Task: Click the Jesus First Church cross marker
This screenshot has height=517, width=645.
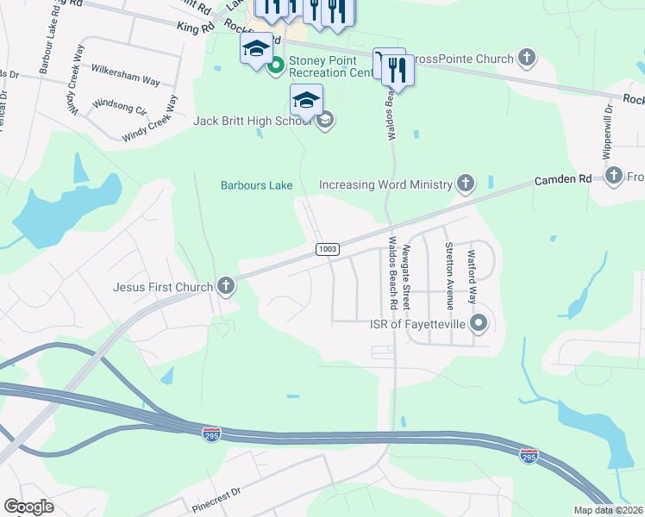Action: point(226,286)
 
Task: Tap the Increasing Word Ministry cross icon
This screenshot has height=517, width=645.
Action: point(466,184)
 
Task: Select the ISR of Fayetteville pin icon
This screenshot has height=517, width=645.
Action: point(479,324)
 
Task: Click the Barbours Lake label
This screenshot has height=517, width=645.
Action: point(256,185)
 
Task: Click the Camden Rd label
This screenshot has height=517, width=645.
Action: point(560,179)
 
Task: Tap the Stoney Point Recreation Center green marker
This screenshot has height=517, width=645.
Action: point(276,65)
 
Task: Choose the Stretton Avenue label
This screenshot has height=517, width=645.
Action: point(449,269)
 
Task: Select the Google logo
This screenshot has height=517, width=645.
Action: point(28,507)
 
